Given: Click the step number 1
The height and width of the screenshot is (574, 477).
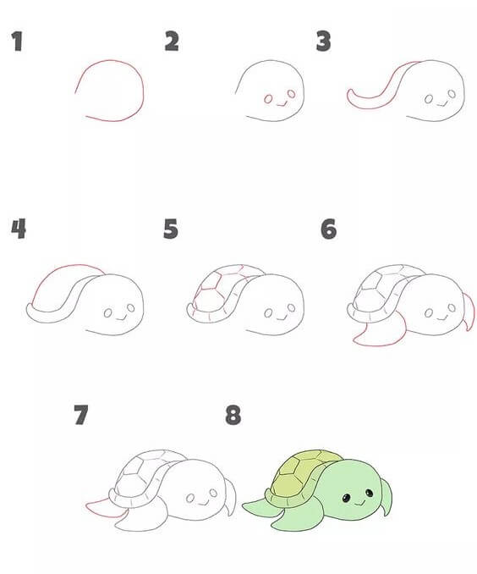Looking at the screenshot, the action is click(17, 41).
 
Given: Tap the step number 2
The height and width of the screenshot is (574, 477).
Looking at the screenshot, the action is click(172, 41).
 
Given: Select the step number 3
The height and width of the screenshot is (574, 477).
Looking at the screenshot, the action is click(323, 41).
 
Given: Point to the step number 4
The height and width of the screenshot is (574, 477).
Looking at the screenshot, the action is click(19, 229).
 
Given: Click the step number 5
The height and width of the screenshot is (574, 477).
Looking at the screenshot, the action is click(171, 229).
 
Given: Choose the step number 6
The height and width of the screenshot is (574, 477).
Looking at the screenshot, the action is click(328, 229).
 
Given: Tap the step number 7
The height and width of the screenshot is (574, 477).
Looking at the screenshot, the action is click(81, 415).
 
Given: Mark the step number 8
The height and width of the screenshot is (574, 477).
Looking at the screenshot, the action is click(233, 415).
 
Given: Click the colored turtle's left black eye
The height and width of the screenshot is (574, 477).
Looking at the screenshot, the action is click(346, 498).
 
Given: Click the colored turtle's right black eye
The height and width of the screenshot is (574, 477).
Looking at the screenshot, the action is click(370, 493).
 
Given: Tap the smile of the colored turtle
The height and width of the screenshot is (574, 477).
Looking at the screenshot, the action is click(359, 504).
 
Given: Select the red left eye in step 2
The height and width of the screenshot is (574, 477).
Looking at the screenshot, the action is click(268, 99).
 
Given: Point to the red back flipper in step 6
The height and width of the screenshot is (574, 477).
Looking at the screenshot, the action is click(469, 312).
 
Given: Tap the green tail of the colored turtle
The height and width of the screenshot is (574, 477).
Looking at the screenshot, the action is click(256, 506).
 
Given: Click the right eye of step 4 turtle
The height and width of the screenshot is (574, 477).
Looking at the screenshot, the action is click(131, 307).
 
